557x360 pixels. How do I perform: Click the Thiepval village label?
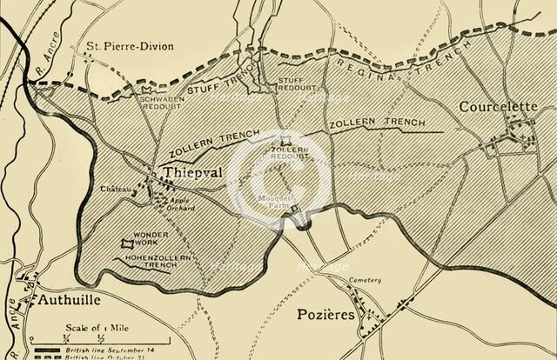[193, 174]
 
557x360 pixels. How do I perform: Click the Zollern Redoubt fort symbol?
[285, 141]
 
